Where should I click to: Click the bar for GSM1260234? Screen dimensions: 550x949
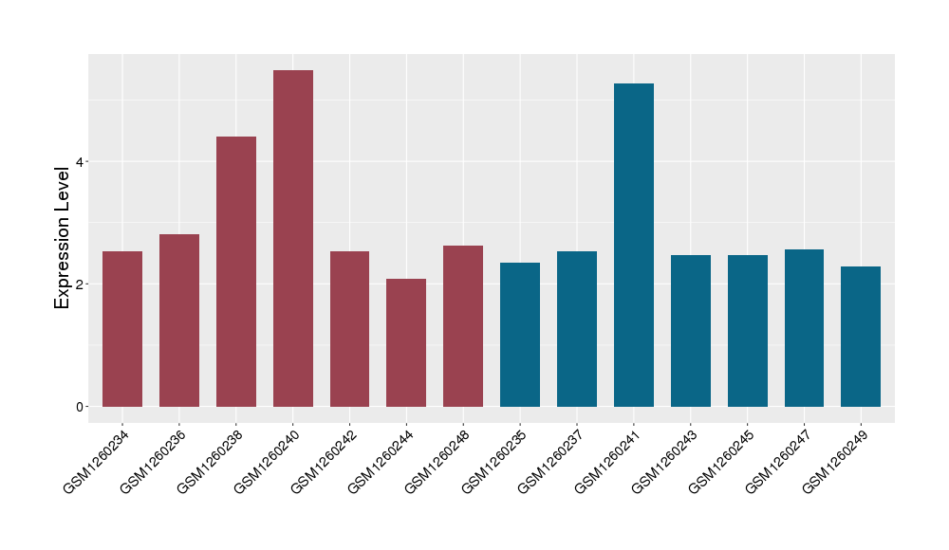(x=122, y=329)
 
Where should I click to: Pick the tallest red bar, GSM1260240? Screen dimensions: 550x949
(x=293, y=238)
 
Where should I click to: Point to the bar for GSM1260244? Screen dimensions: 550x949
(x=406, y=342)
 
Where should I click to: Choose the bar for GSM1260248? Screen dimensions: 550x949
(x=463, y=326)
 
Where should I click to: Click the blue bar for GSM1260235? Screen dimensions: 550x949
(x=520, y=335)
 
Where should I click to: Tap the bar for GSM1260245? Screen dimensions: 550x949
(x=748, y=331)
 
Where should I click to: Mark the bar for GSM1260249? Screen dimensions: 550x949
(x=861, y=337)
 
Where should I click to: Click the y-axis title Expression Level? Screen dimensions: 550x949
(x=63, y=237)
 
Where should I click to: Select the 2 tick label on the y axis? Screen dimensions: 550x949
(x=79, y=284)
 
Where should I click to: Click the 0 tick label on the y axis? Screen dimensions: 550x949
(x=79, y=407)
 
